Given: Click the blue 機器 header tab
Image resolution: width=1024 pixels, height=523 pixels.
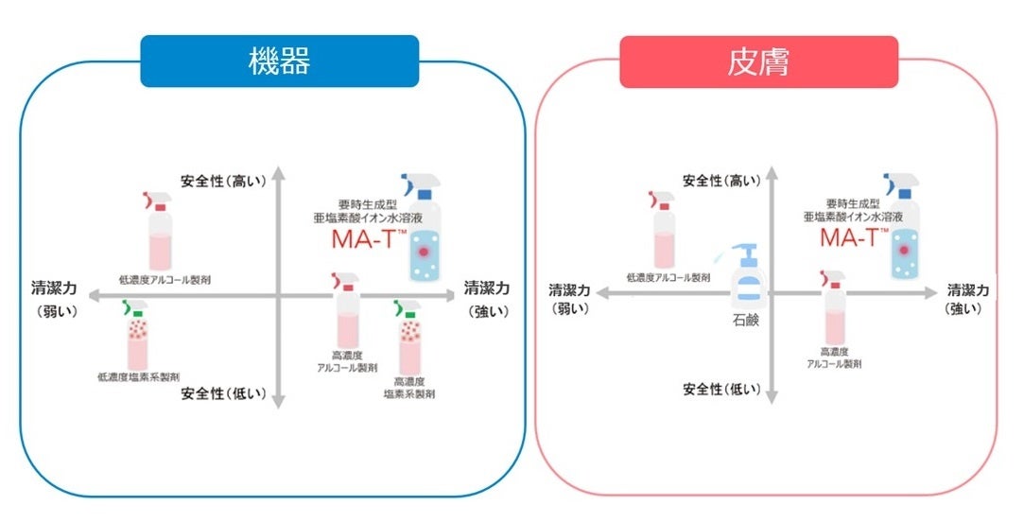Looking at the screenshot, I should tap(279, 61).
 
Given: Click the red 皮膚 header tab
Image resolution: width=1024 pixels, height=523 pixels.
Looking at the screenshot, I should tap(758, 61).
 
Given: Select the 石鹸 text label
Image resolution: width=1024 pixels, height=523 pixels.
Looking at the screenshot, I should tap(746, 321).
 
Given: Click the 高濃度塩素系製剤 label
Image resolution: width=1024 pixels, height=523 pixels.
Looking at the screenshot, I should tap(409, 386).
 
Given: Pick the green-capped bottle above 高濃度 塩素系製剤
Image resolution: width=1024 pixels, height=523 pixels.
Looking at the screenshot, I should tap(410, 337).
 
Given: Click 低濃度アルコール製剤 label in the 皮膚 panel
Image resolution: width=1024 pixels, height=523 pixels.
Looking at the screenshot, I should tap(668, 278).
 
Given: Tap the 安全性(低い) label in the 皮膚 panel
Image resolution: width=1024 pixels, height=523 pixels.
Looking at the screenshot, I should tap(721, 389).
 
